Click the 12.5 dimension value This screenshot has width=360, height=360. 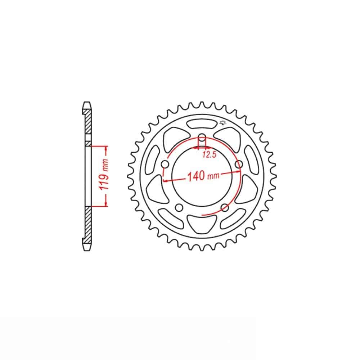[x=210, y=155]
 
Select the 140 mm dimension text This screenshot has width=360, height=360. [x=203, y=176]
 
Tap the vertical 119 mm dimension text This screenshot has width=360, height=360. [x=104, y=174]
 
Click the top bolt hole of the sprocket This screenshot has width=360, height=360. [x=202, y=138]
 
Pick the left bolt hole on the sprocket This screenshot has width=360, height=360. [x=165, y=165]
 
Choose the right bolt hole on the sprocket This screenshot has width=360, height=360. [x=239, y=165]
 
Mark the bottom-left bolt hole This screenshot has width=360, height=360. [x=179, y=208]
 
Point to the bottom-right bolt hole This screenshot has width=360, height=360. [x=225, y=208]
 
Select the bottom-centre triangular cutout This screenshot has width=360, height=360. [x=202, y=224]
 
